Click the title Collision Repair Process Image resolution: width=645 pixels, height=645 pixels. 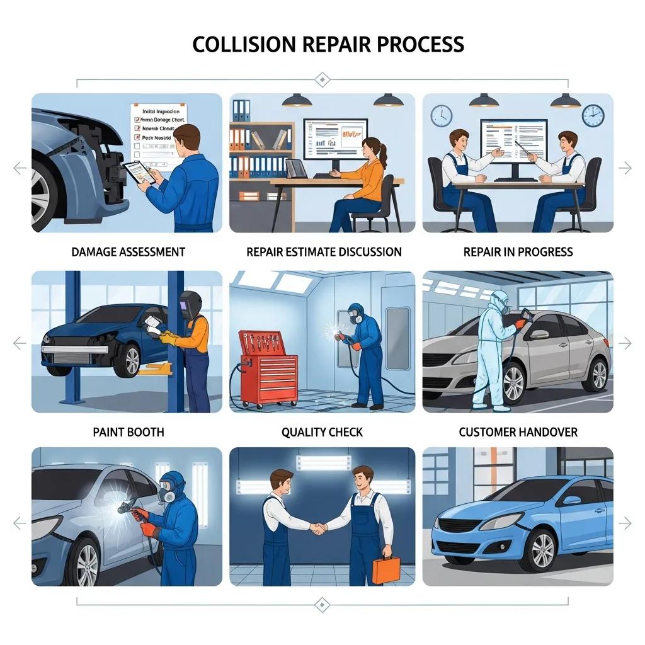tap(328, 45)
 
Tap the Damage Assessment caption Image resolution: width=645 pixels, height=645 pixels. tap(128, 252)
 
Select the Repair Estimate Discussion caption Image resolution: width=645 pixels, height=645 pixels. tap(324, 252)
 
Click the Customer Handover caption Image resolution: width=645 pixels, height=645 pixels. tap(518, 432)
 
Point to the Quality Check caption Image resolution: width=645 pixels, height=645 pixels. tap(322, 432)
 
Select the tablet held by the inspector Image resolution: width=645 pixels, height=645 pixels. tap(138, 171)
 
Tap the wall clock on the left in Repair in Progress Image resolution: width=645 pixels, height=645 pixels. tap(442, 115)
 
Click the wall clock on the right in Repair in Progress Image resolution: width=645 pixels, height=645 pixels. tap(593, 115)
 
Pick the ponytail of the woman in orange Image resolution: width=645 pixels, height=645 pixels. tap(383, 153)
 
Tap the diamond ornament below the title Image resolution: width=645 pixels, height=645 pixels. tap(322, 79)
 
